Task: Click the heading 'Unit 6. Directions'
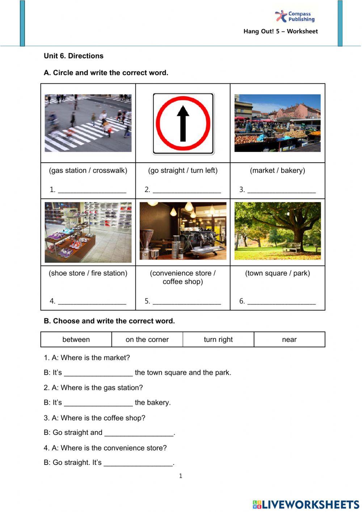(x=73, y=56)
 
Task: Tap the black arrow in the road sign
(x=183, y=123)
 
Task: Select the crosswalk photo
(x=88, y=123)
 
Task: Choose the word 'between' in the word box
(x=76, y=340)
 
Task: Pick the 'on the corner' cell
(x=147, y=340)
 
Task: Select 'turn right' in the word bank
(x=218, y=340)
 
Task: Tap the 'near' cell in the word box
(x=289, y=340)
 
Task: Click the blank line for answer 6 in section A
(x=281, y=302)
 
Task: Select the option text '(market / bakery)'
(x=277, y=171)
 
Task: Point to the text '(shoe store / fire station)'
(x=88, y=273)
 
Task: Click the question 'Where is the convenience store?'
(x=113, y=448)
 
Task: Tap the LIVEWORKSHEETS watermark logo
(x=306, y=504)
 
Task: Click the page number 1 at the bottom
(x=181, y=476)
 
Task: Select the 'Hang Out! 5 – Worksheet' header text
(x=281, y=32)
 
